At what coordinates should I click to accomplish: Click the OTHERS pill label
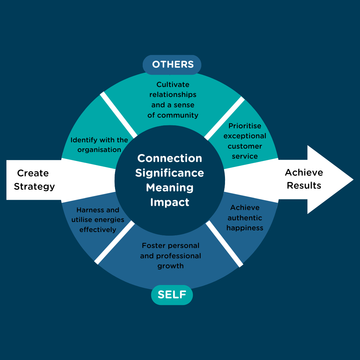(172, 64)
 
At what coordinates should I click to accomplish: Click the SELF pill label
(172, 295)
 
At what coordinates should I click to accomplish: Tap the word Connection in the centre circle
(170, 158)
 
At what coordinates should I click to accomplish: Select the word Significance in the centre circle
(170, 173)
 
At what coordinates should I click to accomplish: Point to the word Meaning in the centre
(170, 187)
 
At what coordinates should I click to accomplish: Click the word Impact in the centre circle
(170, 202)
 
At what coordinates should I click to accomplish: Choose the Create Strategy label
(34, 180)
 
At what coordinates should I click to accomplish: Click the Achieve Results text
(304, 179)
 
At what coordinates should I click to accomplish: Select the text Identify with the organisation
(99, 145)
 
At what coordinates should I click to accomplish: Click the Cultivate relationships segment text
(173, 100)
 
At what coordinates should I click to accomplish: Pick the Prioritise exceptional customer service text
(245, 141)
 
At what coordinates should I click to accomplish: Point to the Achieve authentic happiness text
(245, 218)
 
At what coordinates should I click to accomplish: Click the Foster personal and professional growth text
(171, 256)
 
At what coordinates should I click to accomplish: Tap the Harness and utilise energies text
(98, 220)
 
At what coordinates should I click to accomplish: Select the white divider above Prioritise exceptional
(224, 118)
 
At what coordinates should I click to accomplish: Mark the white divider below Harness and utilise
(115, 242)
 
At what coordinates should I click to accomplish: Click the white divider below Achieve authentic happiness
(224, 244)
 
